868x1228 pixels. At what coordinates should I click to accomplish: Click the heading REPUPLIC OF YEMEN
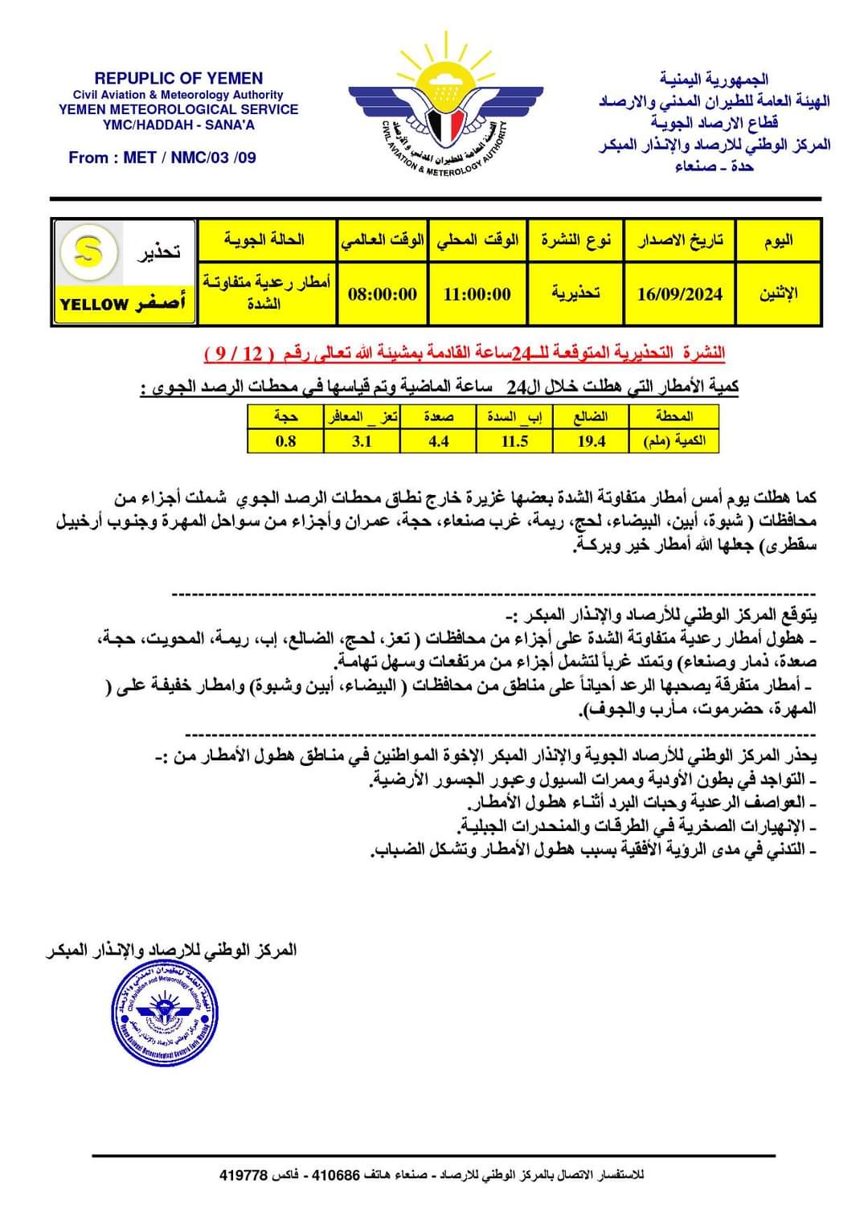178,79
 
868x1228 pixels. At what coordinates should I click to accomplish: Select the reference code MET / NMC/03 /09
190,158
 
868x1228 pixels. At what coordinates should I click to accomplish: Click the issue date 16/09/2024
679,294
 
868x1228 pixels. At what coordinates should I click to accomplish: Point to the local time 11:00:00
477,294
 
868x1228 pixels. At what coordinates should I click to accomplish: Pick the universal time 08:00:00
383,294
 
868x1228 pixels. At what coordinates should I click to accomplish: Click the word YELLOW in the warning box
94,305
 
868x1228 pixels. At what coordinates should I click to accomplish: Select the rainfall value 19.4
591,441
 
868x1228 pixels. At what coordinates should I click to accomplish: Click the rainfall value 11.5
514,441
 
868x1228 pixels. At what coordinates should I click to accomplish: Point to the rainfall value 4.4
438,441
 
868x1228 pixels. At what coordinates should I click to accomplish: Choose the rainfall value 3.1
362,441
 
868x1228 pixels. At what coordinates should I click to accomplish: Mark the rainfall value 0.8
285,441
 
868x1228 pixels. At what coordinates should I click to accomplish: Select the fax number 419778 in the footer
243,1175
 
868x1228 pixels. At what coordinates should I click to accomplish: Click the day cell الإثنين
778,294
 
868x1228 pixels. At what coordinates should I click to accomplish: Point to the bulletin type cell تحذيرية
575,294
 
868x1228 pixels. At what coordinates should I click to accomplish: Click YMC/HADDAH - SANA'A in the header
178,125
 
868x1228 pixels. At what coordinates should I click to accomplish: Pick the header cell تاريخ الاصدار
680,239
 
